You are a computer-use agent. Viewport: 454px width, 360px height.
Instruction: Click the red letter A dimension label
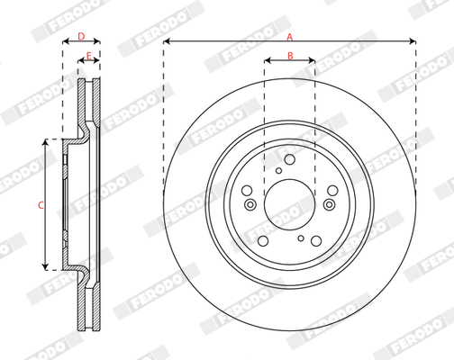pyautogui.click(x=289, y=37)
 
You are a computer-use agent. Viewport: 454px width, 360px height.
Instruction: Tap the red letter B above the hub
pyautogui.click(x=290, y=56)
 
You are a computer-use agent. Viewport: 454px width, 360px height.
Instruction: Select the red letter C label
pyautogui.click(x=41, y=205)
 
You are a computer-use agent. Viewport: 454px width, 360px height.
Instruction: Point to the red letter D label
pyautogui.click(x=81, y=36)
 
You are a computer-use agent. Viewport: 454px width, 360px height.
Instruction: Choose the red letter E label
pyautogui.click(x=88, y=56)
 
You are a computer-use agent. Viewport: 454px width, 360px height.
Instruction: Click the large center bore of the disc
pyautogui.click(x=289, y=204)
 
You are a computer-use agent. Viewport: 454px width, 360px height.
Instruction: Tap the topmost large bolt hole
pyautogui.click(x=290, y=159)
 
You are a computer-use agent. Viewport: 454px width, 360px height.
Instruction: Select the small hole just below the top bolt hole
pyautogui.click(x=278, y=171)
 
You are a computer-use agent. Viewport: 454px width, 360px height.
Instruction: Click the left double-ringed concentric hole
pyautogui.click(x=250, y=205)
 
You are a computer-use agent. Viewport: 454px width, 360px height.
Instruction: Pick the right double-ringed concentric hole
pyautogui.click(x=330, y=204)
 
